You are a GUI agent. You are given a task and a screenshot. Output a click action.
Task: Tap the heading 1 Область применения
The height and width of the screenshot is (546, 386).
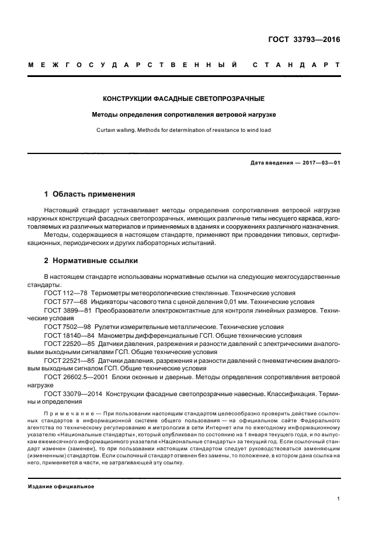tap(90, 194)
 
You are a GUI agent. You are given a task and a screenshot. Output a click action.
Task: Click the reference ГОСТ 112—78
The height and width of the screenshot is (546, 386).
tap(65, 293)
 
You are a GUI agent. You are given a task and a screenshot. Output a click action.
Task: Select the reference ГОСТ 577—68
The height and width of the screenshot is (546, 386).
tap(65, 302)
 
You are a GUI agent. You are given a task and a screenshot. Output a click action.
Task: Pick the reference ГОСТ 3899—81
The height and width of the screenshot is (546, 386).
tap(67, 311)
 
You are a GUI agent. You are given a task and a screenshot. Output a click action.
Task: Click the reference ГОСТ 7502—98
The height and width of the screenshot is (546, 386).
tap(67, 328)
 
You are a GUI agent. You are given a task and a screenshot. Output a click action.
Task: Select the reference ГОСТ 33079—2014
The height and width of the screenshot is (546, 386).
tap(72, 395)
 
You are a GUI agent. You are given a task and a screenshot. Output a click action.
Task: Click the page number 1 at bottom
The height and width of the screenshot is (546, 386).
tap(338, 499)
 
